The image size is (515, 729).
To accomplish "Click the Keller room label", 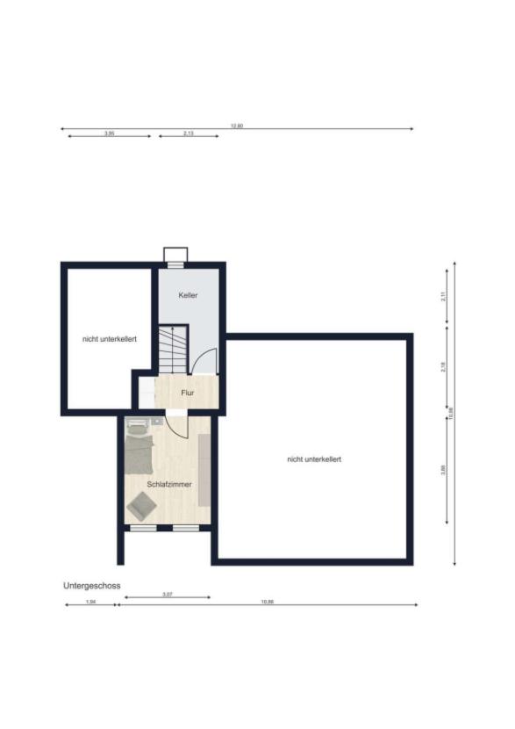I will tap(188, 295).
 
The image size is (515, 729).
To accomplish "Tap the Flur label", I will tap(187, 393).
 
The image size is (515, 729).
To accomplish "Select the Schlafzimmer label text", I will tap(169, 484).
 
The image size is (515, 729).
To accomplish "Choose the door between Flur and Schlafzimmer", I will tap(176, 425).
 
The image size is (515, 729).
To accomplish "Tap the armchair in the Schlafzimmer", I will tap(141, 506).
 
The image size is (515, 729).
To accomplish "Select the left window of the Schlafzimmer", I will tap(142, 528).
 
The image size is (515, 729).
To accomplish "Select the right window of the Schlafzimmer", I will tap(185, 528).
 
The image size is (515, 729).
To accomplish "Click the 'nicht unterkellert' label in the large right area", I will tap(313, 459).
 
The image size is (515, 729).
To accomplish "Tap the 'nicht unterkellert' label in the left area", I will tap(109, 339).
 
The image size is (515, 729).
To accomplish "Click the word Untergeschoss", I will tap(91, 585).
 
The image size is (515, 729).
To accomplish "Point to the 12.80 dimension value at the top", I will tap(236, 126).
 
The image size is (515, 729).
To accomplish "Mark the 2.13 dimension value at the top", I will tap(189, 134).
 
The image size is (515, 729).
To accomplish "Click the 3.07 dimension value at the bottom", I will tap(167, 595).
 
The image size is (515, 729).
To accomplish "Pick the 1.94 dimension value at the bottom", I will tap(90, 602).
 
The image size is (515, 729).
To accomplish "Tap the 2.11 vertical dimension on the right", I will tap(443, 296).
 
